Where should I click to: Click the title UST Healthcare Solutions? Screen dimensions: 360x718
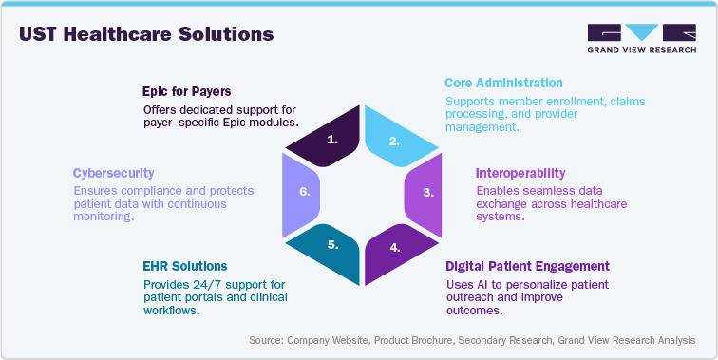(146, 35)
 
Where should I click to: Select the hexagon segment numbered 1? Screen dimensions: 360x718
(327, 140)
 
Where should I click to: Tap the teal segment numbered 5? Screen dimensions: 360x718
(328, 244)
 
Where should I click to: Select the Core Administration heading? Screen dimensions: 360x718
(503, 83)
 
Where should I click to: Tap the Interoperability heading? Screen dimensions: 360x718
(520, 173)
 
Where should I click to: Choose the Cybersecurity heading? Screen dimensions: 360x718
(114, 173)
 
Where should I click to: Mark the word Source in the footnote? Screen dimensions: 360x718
(269, 340)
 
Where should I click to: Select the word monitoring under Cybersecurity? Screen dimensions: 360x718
(104, 217)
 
